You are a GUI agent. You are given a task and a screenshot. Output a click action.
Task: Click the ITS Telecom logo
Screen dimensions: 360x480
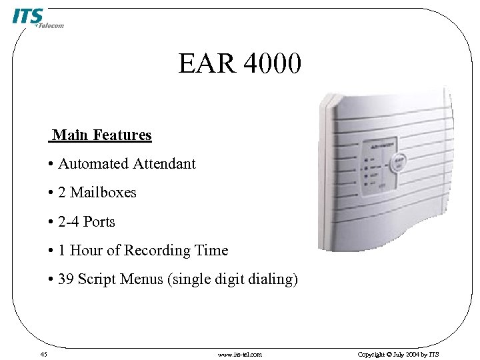pos(37,18)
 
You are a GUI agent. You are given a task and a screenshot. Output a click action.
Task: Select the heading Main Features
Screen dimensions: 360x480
pos(102,135)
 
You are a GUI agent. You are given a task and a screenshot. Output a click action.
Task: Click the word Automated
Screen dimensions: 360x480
pos(93,164)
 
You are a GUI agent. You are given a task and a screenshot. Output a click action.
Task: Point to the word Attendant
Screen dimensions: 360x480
pos(164,164)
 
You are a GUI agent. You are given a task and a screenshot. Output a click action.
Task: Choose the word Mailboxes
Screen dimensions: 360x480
pos(103,193)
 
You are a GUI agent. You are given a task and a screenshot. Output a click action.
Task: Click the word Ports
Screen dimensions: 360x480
pos(99,222)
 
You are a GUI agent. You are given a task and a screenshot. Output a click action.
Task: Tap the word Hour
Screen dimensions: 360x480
pos(86,251)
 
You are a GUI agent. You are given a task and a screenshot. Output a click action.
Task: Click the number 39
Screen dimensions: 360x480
pos(66,279)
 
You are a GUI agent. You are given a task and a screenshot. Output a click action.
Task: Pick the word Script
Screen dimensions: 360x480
pos(97,279)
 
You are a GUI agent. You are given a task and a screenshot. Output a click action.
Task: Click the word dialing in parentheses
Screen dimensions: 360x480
pos(273,279)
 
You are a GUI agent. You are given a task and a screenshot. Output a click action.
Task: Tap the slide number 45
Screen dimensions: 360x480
pos(43,355)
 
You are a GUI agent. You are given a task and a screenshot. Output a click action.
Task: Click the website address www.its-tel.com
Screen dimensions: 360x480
pos(240,355)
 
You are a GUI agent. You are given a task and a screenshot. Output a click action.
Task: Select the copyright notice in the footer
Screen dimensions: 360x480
pos(399,355)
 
